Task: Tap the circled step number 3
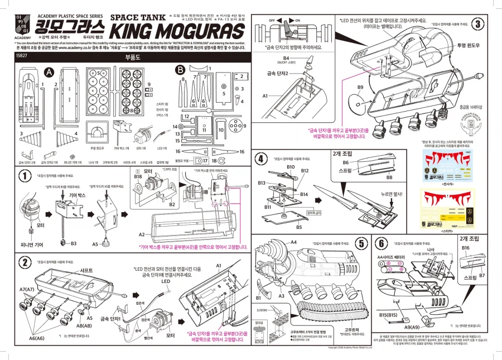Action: point(479,24)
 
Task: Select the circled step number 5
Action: point(361,243)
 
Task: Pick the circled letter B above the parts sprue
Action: point(180,70)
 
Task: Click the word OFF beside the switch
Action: point(272,20)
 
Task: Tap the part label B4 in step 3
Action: point(286,58)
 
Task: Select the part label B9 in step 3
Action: point(360,87)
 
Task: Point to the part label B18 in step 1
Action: point(138,176)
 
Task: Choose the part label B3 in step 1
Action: point(73,243)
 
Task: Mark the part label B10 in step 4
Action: point(291,167)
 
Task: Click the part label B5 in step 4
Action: point(299,227)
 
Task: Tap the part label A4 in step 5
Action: point(293,242)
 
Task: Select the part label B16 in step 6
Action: point(466,247)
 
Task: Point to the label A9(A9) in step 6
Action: point(412,327)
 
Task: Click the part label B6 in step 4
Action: point(345,162)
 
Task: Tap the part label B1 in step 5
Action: point(258,290)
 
